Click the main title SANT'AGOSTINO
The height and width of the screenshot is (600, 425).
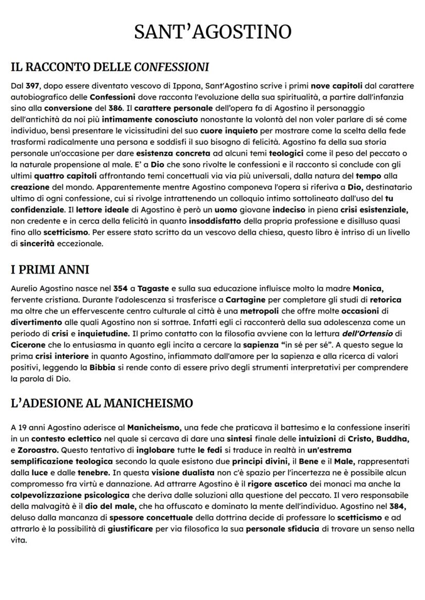click(212, 32)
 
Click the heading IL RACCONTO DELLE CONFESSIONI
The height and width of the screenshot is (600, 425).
click(110, 67)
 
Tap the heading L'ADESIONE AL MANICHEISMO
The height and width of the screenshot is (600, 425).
click(102, 403)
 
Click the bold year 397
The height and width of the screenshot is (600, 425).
click(33, 86)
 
